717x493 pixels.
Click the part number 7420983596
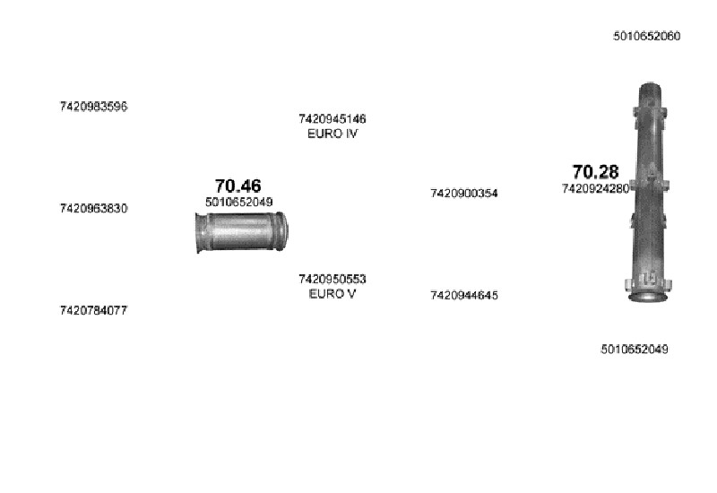tap(93, 107)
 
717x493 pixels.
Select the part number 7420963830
tap(93, 209)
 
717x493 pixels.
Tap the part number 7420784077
tap(93, 310)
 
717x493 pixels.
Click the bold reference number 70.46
tap(238, 186)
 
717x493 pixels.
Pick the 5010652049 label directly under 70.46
tap(238, 203)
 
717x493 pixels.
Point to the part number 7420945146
tap(333, 119)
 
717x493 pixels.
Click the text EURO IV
tap(333, 134)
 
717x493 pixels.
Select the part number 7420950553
tap(333, 279)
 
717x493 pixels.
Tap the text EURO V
tap(333, 294)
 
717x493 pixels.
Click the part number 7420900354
tap(464, 194)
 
